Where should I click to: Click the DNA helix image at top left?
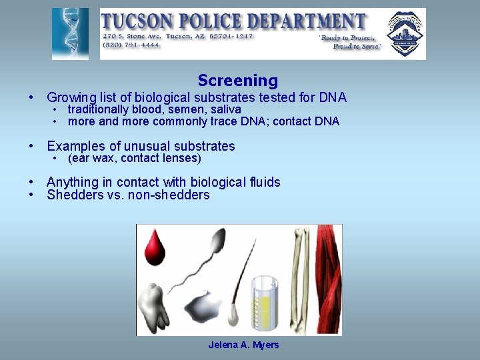(70, 34)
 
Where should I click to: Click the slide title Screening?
(237, 81)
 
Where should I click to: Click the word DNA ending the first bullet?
(333, 97)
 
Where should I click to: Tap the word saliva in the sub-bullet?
(226, 109)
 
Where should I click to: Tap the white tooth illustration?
(155, 306)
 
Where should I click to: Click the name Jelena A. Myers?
(243, 345)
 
